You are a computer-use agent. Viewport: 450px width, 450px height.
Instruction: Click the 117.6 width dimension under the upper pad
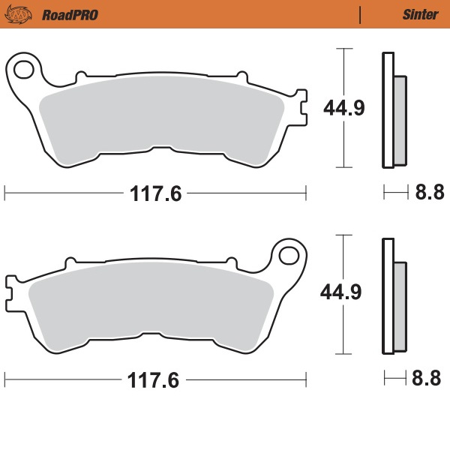click(156, 194)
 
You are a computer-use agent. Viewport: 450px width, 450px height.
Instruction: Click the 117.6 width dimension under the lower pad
click(156, 380)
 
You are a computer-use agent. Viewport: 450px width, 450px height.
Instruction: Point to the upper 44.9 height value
click(343, 109)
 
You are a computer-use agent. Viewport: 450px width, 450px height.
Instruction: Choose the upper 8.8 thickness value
click(429, 193)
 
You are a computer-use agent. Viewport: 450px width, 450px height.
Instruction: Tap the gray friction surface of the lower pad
click(150, 304)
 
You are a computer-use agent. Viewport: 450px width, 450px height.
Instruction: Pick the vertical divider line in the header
click(361, 14)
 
